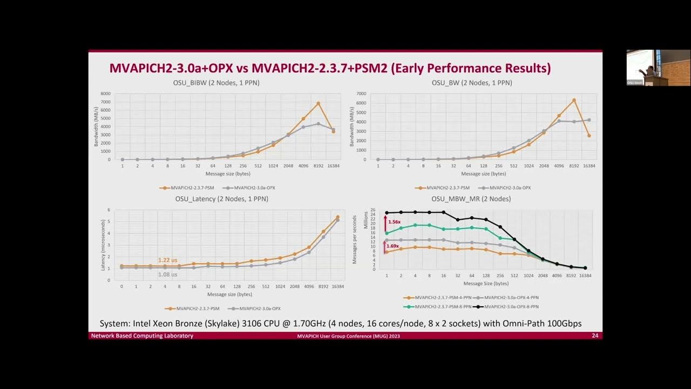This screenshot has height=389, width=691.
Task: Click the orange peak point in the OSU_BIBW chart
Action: tap(319, 103)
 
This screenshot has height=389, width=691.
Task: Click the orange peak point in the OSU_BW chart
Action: tap(574, 100)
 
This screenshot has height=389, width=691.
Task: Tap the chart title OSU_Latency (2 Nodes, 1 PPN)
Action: tap(221, 199)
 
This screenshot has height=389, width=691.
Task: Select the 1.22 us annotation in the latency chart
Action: tap(167, 260)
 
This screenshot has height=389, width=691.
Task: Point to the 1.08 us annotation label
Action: tap(167, 274)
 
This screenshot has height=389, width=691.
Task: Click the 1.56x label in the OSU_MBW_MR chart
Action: tap(394, 222)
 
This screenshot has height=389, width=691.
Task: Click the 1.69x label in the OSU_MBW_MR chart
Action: tap(394, 246)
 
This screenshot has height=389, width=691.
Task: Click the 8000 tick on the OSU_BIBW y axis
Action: tap(105, 94)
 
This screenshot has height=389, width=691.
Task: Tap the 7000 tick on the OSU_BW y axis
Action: tap(361, 94)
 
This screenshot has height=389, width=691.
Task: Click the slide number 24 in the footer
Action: tap(594, 336)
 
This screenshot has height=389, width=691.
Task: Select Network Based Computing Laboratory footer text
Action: tap(142, 336)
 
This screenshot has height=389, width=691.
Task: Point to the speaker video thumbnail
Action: tap(658, 68)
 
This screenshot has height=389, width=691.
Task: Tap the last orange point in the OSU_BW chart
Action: tap(589, 136)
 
